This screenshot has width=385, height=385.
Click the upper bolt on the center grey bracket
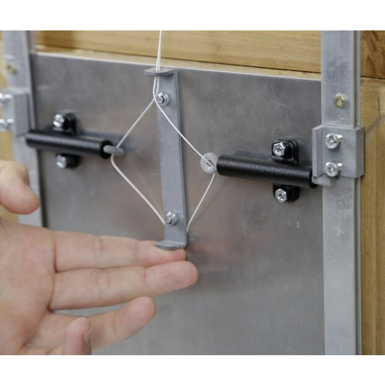163,98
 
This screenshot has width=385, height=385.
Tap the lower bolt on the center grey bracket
171,218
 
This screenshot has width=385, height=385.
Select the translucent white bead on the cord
208,163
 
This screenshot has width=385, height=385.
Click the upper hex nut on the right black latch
279,148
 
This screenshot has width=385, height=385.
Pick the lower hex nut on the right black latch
281,195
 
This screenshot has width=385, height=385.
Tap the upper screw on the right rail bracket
333,140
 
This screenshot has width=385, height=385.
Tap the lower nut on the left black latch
61,162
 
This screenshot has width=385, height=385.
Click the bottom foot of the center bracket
171,244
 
